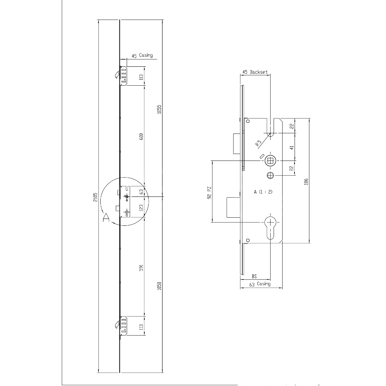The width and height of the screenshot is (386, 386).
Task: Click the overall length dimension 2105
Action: coord(95,197)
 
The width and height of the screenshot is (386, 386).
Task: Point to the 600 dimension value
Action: coord(141,137)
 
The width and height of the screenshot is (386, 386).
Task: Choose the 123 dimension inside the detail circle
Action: coord(141,207)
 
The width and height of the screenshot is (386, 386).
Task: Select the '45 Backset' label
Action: coord(255,72)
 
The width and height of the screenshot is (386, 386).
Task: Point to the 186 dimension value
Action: coord(306,181)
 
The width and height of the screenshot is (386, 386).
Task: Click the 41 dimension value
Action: coord(292,147)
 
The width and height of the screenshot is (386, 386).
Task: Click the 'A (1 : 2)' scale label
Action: coord(263,192)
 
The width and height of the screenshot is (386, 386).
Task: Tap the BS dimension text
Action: coord(254,276)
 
